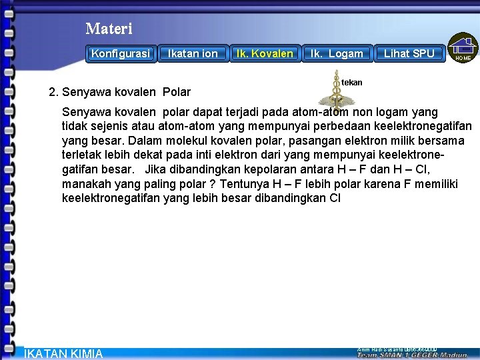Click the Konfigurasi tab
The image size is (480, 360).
(121, 53)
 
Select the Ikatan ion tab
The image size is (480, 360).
(193, 53)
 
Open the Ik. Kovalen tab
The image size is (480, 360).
(265, 53)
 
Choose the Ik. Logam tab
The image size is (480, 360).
(337, 53)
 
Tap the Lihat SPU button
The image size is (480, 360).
(409, 53)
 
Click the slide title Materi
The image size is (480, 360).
(109, 29)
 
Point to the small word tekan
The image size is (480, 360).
(351, 83)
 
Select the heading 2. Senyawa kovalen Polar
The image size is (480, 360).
(120, 92)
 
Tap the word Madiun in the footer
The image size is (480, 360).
(454, 355)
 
